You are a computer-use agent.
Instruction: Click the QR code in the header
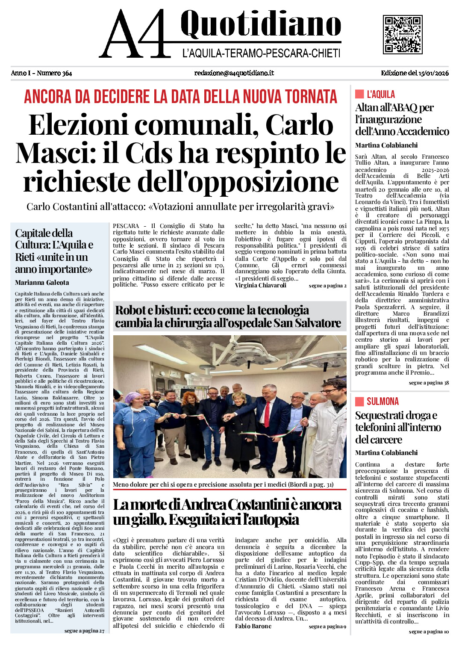click(x=403, y=34)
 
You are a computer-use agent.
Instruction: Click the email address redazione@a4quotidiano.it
click(x=234, y=73)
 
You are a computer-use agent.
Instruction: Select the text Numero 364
click(x=54, y=73)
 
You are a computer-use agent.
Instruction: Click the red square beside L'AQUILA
click(x=359, y=94)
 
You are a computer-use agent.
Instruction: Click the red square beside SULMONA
click(x=359, y=401)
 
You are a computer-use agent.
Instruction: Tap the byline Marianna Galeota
click(x=42, y=283)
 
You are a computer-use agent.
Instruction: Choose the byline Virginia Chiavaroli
click(x=261, y=285)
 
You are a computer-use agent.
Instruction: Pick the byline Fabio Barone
click(x=253, y=626)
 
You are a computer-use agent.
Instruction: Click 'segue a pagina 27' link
click(x=84, y=631)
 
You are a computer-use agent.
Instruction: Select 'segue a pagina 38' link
click(x=429, y=383)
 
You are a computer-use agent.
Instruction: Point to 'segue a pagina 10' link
click(x=429, y=632)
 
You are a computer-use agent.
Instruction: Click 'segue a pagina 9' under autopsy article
click(x=327, y=626)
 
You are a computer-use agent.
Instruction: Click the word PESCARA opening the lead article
click(x=126, y=226)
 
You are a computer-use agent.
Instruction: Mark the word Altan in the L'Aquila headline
click(x=367, y=108)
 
